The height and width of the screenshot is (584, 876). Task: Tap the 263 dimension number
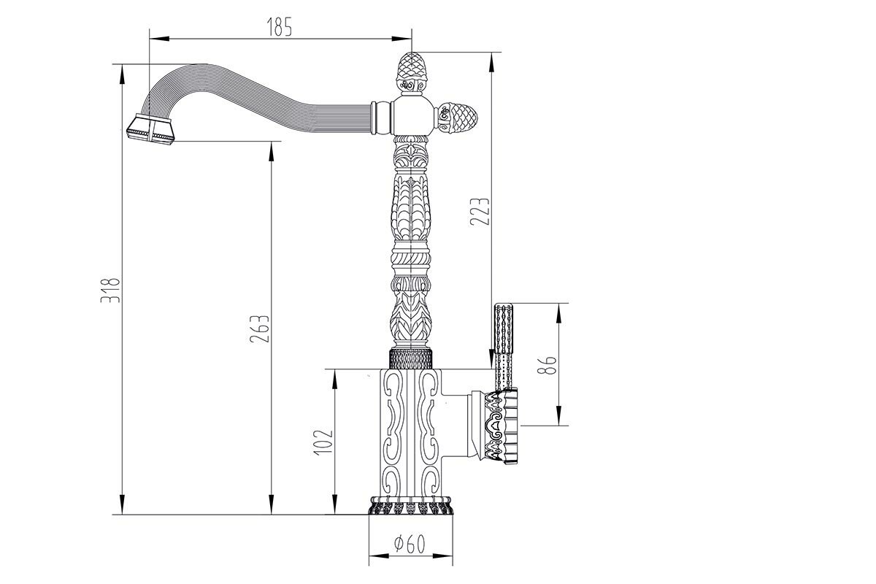click(x=263, y=328)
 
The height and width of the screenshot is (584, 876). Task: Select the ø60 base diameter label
click(x=410, y=544)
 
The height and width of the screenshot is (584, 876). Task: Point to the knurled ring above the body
click(x=410, y=358)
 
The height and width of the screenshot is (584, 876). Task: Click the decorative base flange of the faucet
click(x=411, y=507)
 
